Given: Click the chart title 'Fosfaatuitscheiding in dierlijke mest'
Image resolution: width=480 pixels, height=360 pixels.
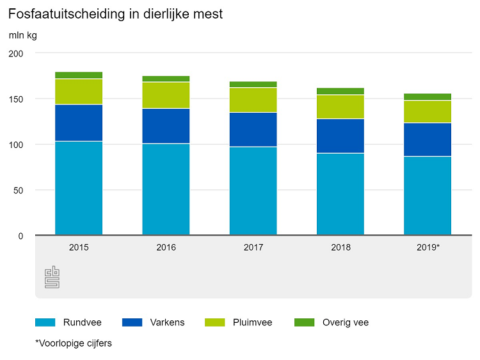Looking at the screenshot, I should tap(115, 13).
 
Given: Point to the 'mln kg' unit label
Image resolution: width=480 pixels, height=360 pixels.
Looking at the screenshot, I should tap(22, 35).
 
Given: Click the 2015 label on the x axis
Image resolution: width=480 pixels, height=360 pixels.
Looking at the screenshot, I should tap(79, 247).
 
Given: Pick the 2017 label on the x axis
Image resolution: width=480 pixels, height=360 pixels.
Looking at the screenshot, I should tap(253, 247).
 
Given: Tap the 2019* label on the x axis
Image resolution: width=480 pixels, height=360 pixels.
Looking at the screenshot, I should tap(427, 247).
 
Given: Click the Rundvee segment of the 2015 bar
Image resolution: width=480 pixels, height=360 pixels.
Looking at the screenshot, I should tap(79, 188).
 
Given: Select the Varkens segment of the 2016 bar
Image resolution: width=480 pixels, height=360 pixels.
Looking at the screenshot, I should tap(166, 126).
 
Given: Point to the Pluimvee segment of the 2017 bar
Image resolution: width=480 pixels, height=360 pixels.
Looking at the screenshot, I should tap(253, 100).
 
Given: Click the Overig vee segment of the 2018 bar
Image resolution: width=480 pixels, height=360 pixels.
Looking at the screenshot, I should tap(340, 91).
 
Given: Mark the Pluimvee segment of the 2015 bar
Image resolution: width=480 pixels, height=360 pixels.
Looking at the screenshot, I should tap(79, 92).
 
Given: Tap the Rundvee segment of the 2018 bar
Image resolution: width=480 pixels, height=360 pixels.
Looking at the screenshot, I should tap(340, 193).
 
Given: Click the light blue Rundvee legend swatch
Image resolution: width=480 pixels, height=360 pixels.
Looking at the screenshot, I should tap(46, 322).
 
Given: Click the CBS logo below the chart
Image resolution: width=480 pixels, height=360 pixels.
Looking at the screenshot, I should tap(52, 277).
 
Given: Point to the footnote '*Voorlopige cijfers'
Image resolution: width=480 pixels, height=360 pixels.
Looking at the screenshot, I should tap(74, 343).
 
